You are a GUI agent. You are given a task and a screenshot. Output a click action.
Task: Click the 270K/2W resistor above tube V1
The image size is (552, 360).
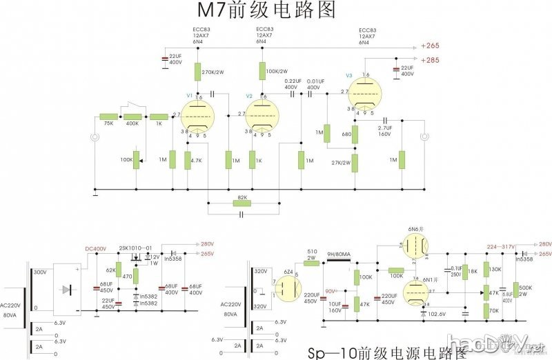(x=198, y=71)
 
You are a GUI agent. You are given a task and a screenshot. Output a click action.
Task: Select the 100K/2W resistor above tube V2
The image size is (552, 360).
(x=262, y=71)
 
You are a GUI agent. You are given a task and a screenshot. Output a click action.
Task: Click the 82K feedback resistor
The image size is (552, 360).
(x=241, y=203)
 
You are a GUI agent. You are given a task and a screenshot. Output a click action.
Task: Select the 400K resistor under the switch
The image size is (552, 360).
(x=133, y=117)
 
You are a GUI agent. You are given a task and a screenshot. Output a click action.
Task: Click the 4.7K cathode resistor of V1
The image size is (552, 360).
(x=187, y=160)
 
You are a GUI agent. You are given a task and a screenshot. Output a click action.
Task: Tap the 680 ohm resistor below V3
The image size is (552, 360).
(x=355, y=135)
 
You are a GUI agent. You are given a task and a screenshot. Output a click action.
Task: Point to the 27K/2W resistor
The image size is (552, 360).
(x=355, y=163)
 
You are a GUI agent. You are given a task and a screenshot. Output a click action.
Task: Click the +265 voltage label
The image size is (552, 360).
(x=430, y=46)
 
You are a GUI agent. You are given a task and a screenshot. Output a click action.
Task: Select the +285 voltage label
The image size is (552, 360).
(x=430, y=60)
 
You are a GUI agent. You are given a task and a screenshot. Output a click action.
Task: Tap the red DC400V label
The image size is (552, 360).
(x=96, y=248)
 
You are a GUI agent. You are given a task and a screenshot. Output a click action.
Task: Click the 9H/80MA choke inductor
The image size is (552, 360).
(x=339, y=262)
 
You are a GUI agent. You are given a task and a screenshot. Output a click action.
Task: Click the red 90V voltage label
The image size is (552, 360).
(x=331, y=291)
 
